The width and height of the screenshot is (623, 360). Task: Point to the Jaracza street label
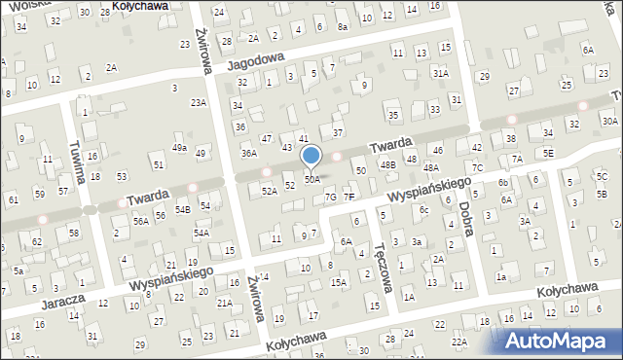58,302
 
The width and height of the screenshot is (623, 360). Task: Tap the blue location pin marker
311,157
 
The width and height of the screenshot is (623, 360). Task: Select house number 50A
311,180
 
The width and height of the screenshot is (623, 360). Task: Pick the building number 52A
270,191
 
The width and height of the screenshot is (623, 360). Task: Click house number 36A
249,153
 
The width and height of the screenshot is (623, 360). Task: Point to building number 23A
199,102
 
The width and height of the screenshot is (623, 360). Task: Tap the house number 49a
179,147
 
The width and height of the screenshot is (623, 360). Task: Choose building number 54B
182,209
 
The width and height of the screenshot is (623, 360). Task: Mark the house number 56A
141,222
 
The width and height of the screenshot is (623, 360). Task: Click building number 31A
441,73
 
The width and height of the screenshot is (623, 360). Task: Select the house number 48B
388,165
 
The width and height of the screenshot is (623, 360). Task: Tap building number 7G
330,198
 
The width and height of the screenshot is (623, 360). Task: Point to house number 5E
549,153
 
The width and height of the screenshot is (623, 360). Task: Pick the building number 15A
338,282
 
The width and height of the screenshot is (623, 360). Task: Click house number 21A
224,304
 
